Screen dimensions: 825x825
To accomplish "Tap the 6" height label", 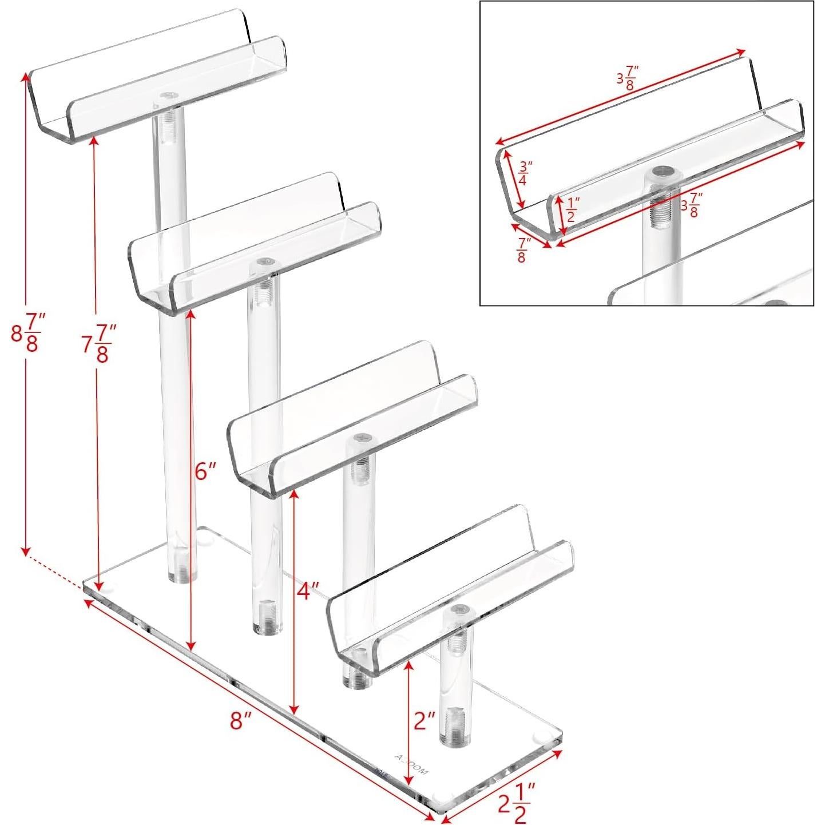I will pyautogui.click(x=205, y=471).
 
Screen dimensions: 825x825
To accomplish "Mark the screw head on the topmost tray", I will pyautogui.click(x=169, y=97).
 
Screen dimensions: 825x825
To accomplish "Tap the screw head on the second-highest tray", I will pyautogui.click(x=264, y=261).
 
